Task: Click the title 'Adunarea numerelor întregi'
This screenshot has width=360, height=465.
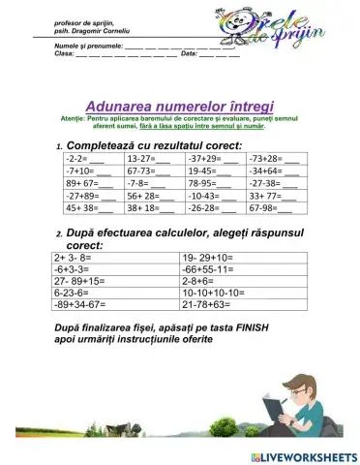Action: [179, 105]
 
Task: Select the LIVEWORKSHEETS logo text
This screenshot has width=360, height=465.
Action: [304, 455]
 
